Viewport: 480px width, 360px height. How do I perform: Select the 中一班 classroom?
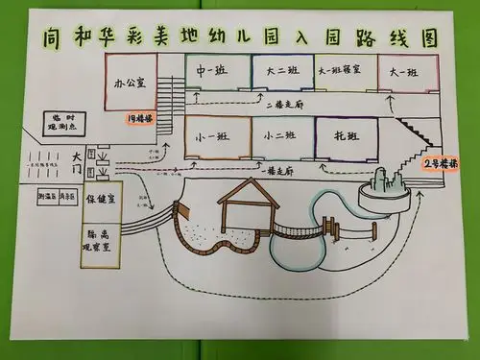tap(213, 73)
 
